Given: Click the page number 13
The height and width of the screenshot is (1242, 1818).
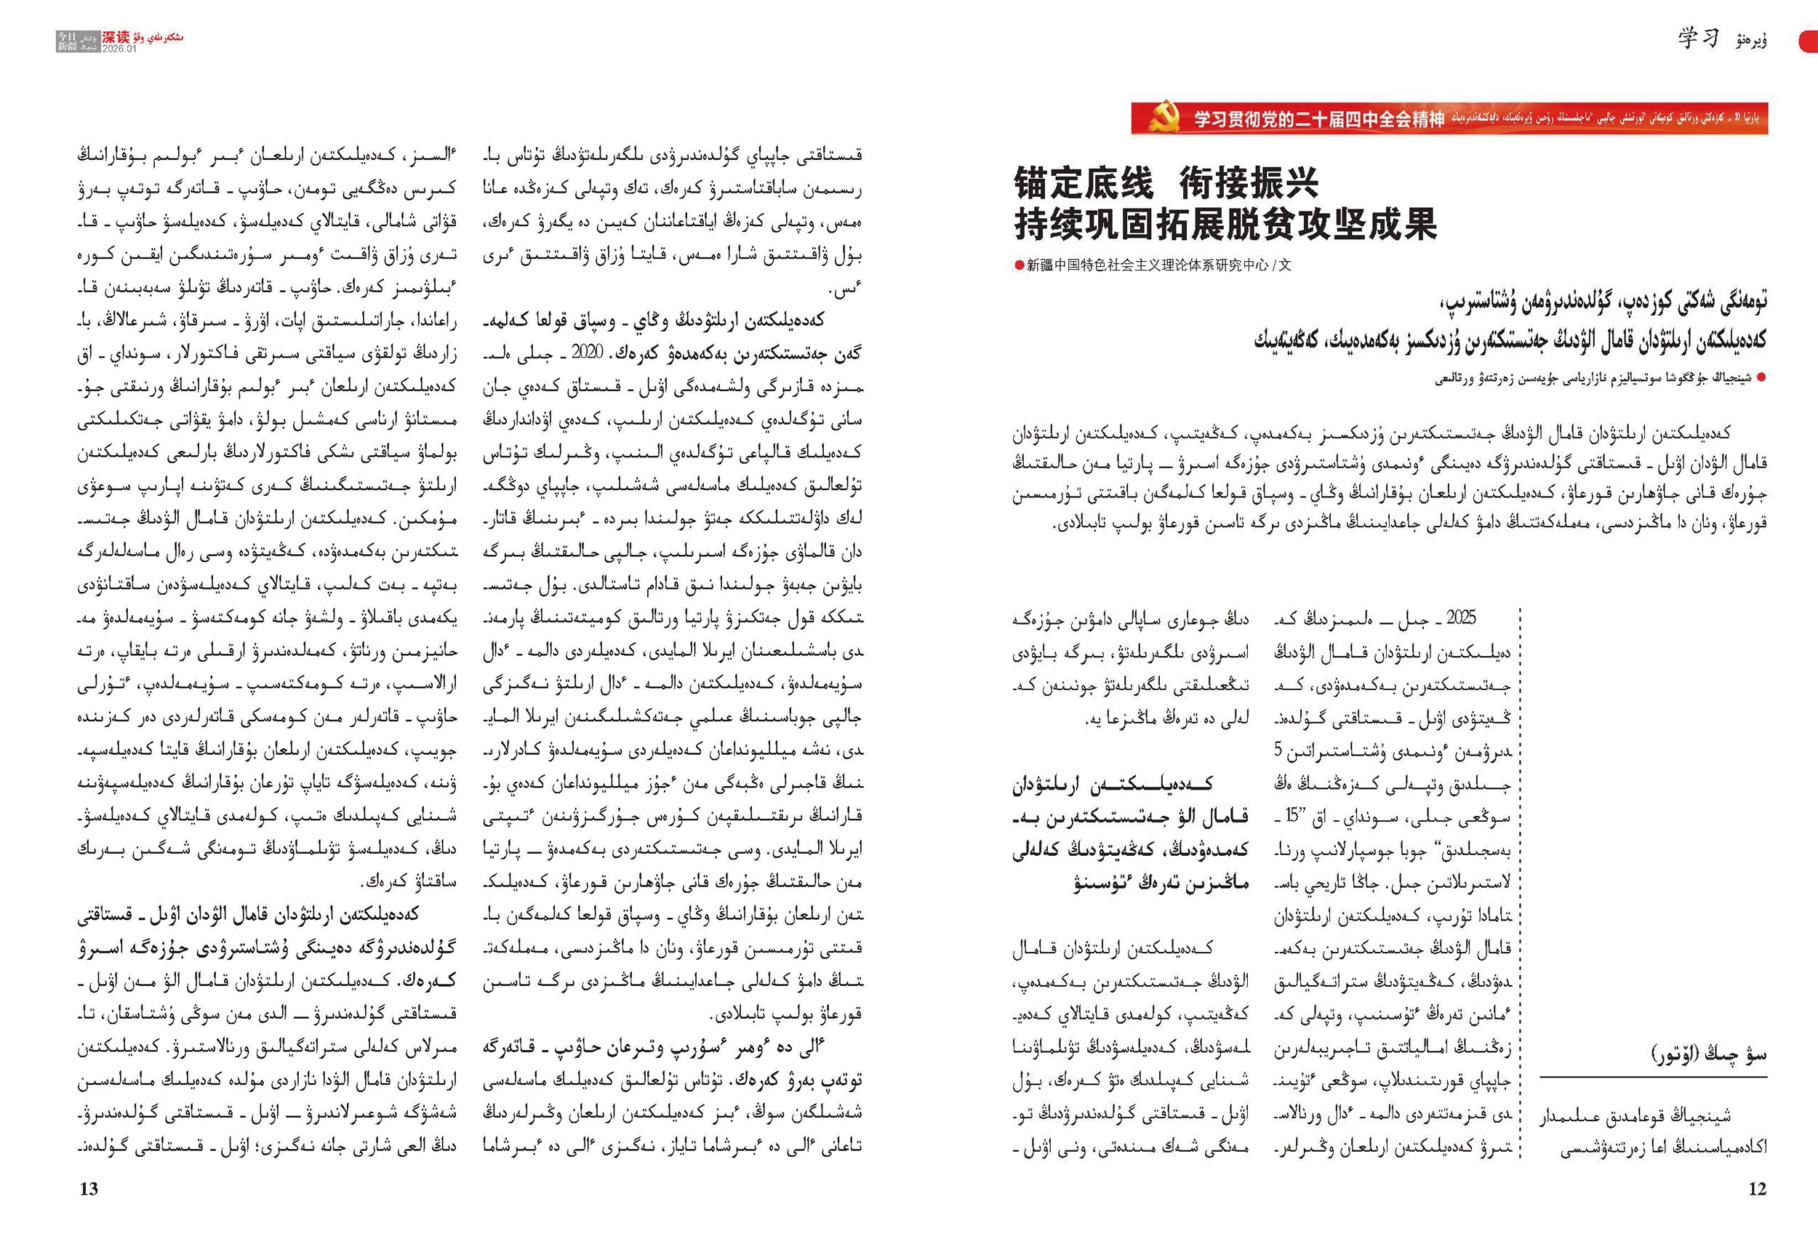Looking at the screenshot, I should coord(89,1189).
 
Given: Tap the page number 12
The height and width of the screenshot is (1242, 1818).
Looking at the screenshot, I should coord(1757,1189).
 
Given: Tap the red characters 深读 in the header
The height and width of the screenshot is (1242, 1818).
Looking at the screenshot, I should coord(116,37).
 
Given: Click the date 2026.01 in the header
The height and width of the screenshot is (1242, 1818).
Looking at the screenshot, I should coord(119,49).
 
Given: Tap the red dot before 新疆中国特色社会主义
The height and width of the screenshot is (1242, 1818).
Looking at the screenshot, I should coord(1020,266).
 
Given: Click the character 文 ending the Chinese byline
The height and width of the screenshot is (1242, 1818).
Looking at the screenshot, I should coord(1284,266).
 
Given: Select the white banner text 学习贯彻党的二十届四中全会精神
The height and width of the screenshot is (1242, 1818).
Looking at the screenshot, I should coord(1319,119).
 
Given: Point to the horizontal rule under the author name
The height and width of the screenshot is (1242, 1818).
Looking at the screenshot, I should coord(1653,1078).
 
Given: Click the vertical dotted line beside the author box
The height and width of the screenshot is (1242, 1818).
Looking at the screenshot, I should coord(1520,884).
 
